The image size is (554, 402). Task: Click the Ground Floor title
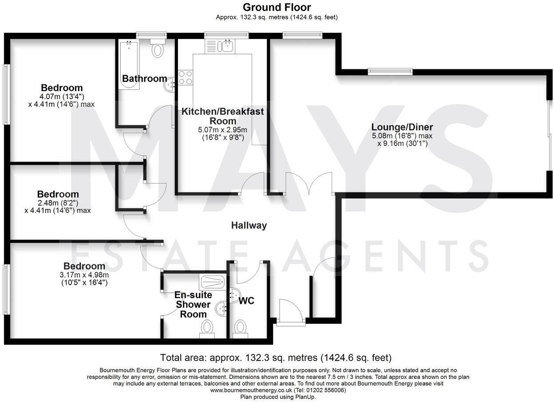(x=277, y=7)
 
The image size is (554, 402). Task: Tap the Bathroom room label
(x=144, y=79)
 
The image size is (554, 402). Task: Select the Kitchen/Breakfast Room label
(x=222, y=116)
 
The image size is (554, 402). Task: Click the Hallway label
(x=249, y=225)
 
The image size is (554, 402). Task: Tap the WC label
(x=246, y=301)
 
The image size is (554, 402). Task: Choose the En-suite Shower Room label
(x=193, y=305)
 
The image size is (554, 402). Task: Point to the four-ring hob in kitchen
(x=185, y=78)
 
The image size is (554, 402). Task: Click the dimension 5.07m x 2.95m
(x=222, y=130)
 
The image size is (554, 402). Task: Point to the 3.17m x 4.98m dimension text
(x=84, y=275)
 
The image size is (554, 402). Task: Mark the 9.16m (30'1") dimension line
(x=402, y=143)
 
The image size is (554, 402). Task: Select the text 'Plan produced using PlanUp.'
(x=278, y=397)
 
